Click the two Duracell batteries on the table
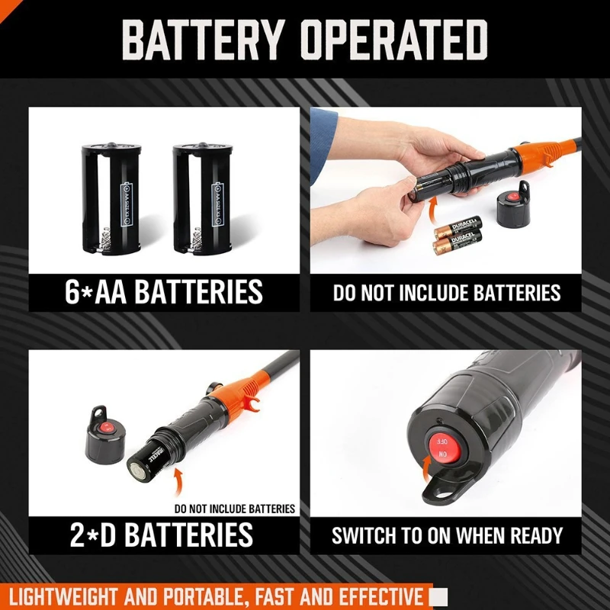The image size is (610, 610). click(x=458, y=235)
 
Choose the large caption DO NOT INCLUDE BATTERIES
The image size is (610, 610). click(x=446, y=293)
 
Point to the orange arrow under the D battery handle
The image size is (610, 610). click(x=179, y=478)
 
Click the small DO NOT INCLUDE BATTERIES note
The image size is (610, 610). click(x=234, y=509)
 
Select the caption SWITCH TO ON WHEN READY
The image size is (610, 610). click(x=447, y=535)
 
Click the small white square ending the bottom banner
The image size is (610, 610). click(x=438, y=595)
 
